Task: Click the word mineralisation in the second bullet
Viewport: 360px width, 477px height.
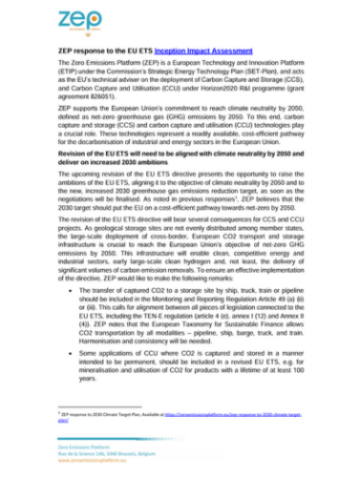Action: pyautogui.click(x=95, y=371)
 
